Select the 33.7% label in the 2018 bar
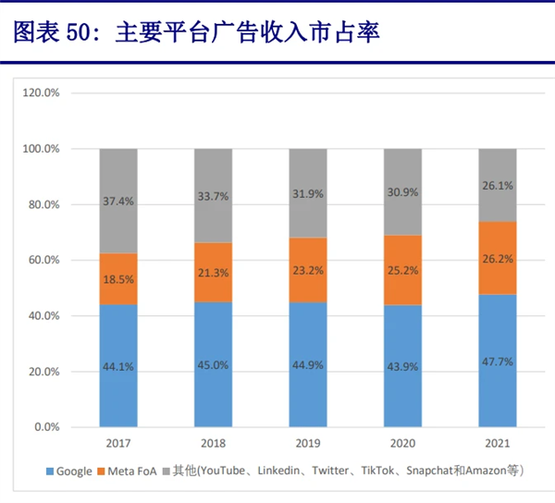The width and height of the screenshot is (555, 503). [213, 195]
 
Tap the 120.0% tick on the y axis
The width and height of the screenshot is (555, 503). [41, 93]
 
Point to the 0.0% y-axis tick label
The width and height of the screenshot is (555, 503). [46, 427]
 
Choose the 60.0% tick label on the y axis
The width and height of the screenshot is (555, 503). [43, 261]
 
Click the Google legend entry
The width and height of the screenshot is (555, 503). [73, 472]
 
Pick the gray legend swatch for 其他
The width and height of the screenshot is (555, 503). [166, 472]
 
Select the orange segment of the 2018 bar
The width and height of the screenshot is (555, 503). [213, 272]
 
